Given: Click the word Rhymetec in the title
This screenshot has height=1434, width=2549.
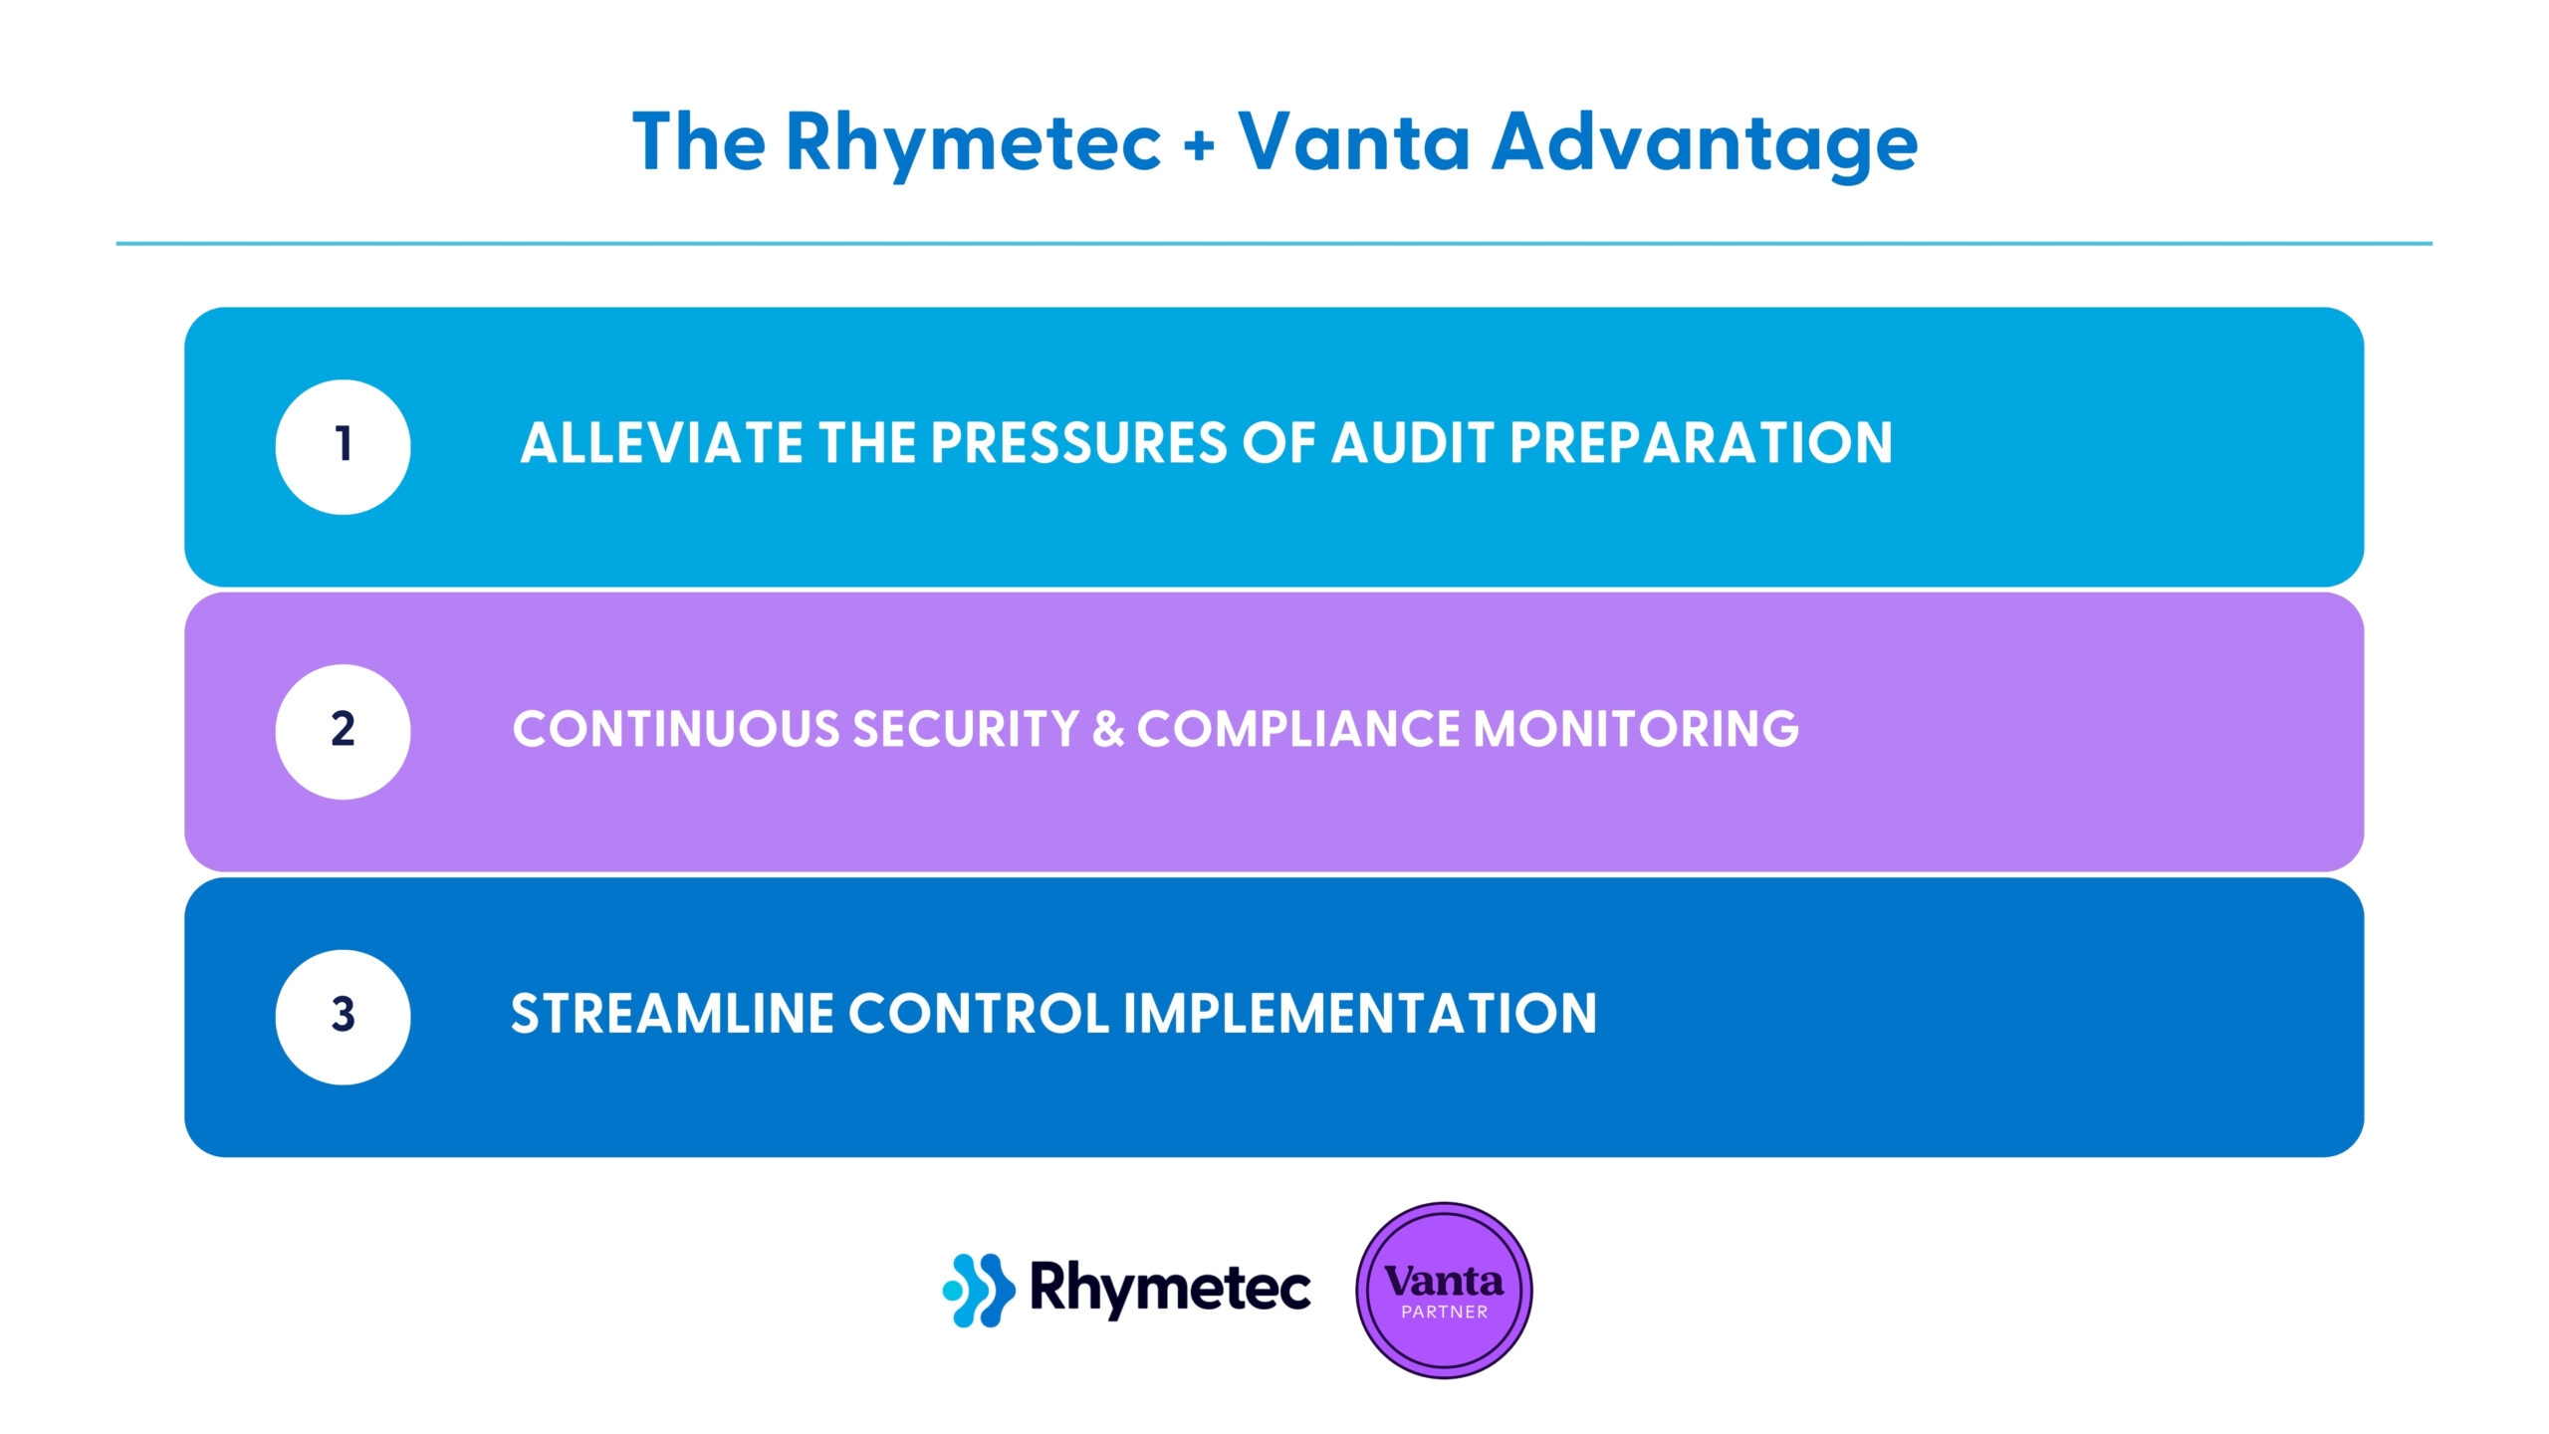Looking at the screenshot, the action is point(973,145).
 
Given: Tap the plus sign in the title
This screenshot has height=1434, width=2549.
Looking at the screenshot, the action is point(1200,145).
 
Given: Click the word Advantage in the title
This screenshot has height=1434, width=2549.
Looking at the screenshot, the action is point(1705,145).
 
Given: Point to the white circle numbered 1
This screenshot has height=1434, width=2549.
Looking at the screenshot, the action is point(343,447).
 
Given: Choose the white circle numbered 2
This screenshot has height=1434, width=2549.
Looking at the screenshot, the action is point(343,732).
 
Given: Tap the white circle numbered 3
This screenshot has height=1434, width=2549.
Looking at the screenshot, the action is point(343,1017).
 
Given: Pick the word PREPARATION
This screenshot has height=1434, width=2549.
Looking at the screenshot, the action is point(1701,443).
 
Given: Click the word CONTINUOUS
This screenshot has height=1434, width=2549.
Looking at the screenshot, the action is point(676,729).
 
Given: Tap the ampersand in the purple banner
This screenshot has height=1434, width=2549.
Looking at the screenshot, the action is point(1108,729).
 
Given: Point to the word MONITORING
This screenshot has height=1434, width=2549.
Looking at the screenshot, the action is point(1636,729).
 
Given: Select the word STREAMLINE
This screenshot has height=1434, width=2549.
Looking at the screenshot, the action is point(672,1014).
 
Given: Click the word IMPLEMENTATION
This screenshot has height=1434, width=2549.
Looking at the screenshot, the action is point(1360,1014).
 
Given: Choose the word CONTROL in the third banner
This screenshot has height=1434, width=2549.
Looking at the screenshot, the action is point(979,1014).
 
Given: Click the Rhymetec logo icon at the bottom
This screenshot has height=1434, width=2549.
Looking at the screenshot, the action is point(979,1290).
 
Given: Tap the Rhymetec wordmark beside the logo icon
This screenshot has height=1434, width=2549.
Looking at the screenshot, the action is point(1170,1291).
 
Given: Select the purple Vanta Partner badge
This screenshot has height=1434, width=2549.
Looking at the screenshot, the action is point(1444,1291).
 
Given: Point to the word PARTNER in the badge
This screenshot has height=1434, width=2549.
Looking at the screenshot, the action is point(1445,1313).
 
